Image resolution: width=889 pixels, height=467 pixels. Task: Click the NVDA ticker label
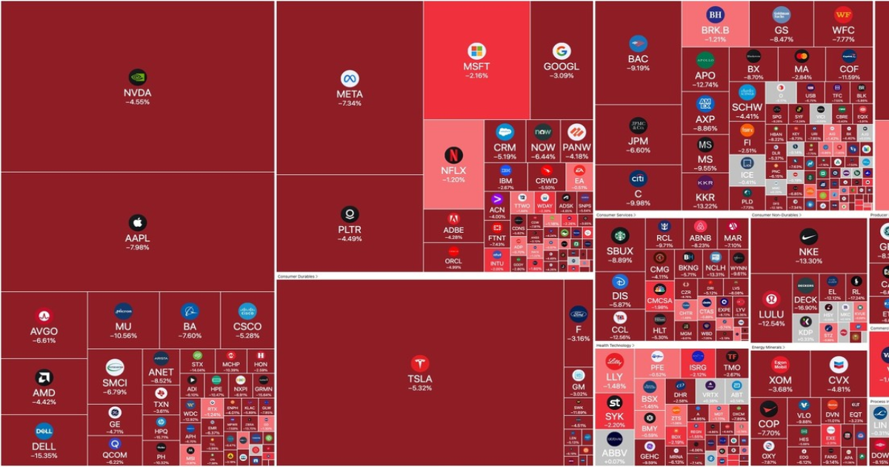click(137, 93)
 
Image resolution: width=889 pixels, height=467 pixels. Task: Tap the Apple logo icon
click(137, 222)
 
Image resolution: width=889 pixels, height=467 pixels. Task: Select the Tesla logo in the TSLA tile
click(420, 363)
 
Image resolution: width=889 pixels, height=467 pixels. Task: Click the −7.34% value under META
click(350, 104)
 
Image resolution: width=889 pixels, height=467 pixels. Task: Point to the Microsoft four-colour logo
click(476, 51)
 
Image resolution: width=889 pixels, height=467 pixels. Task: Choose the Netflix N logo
click(453, 155)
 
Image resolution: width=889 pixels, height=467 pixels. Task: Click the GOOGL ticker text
click(562, 66)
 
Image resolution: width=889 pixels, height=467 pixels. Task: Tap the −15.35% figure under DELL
click(44, 456)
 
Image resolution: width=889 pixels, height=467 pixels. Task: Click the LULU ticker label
click(771, 314)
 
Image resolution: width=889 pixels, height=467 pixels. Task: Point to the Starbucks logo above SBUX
click(619, 236)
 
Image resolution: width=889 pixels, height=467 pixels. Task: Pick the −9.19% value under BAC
click(638, 68)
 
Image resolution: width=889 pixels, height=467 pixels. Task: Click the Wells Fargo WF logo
click(843, 14)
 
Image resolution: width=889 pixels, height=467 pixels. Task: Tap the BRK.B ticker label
click(715, 30)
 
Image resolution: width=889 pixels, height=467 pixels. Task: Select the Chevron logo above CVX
click(839, 364)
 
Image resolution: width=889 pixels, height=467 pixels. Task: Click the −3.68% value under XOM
click(780, 389)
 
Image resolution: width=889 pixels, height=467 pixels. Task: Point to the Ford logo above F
click(579, 313)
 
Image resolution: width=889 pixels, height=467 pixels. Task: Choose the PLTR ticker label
click(350, 230)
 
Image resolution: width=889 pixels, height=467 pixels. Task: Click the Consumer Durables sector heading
click(296, 276)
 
